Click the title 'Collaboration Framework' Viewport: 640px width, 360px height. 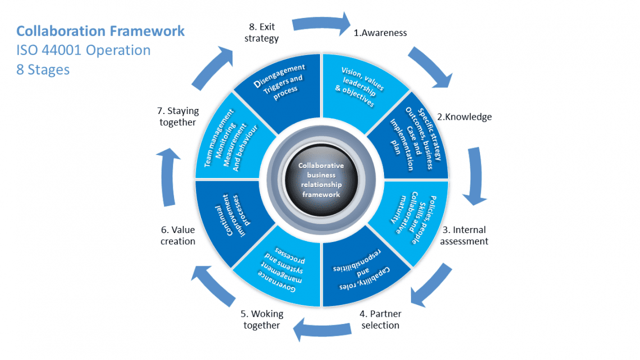[100, 31]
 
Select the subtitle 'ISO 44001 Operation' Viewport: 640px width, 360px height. [83, 51]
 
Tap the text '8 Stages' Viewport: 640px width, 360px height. [43, 70]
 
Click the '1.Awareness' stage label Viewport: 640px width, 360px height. [380, 33]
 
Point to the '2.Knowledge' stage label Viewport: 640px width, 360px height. [464, 117]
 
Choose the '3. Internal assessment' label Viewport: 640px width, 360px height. [464, 235]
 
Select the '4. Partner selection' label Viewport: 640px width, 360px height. [380, 320]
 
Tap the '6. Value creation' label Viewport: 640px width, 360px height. [178, 235]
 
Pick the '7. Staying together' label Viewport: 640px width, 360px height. [178, 117]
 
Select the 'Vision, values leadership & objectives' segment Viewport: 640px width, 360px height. [359, 88]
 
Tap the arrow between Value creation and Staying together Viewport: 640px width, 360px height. [171, 179]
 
